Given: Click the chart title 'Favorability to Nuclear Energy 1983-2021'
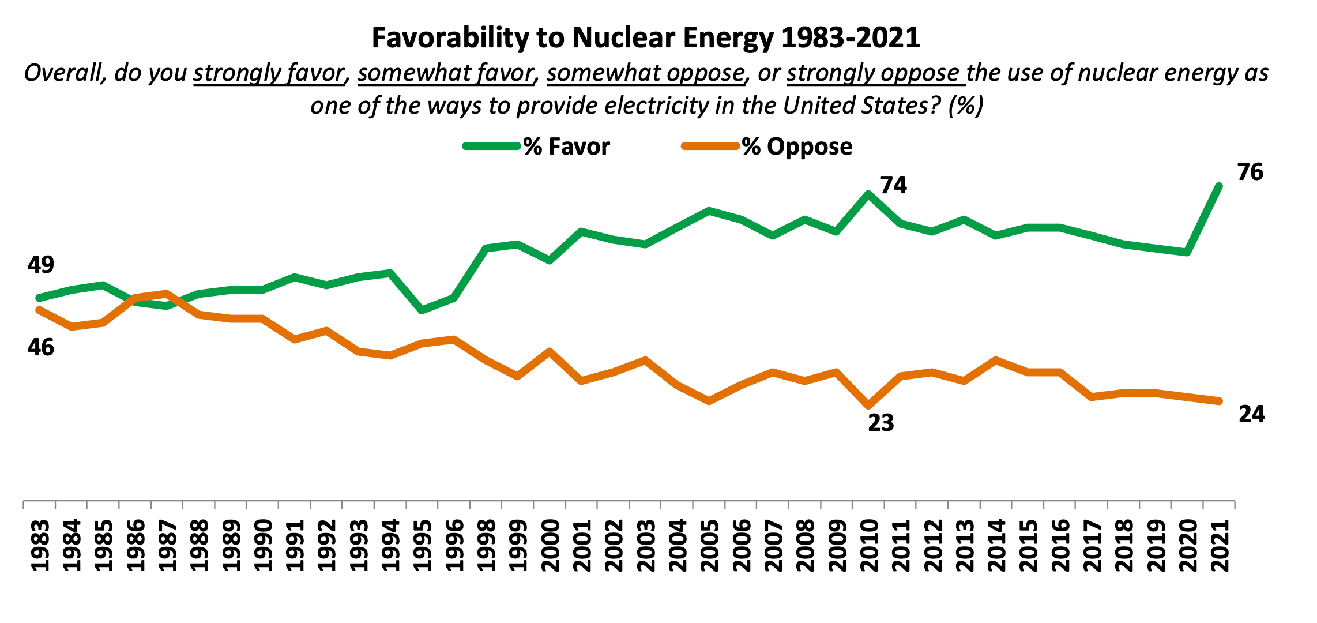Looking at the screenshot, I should pyautogui.click(x=645, y=38).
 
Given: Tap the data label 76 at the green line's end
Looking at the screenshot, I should pyautogui.click(x=1250, y=172).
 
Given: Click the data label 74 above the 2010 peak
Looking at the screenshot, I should pyautogui.click(x=893, y=185).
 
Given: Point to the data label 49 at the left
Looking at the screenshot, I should pyautogui.click(x=40, y=265).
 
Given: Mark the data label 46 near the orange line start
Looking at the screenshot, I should pyautogui.click(x=40, y=347).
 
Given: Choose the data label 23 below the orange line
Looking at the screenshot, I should pyautogui.click(x=880, y=423).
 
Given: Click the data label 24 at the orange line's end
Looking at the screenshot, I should pyautogui.click(x=1251, y=414).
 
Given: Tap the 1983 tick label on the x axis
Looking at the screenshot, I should pyautogui.click(x=40, y=546).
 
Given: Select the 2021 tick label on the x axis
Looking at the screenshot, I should pyautogui.click(x=1219, y=546).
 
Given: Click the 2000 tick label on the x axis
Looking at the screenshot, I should pyautogui.click(x=550, y=546).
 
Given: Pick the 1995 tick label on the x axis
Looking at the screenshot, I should pyautogui.click(x=423, y=546).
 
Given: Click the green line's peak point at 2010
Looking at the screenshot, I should pyautogui.click(x=868, y=194).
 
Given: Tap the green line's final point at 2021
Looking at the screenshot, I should pyautogui.click(x=1219, y=186).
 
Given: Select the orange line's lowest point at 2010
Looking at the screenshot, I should pyautogui.click(x=868, y=406).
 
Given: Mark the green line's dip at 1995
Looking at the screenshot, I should pyautogui.click(x=422, y=310).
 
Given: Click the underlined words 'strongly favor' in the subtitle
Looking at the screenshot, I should pyautogui.click(x=269, y=73).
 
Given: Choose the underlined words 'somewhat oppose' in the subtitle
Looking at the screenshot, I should pyautogui.click(x=645, y=73).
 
